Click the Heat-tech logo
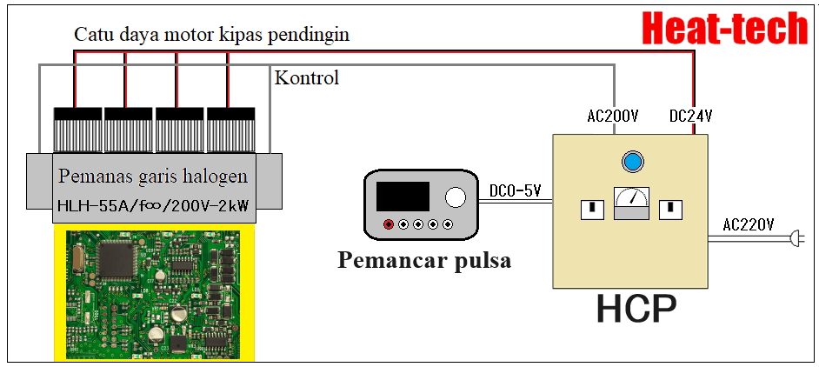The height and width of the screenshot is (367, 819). (725, 30)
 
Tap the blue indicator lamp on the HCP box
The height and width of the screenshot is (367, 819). (632, 161)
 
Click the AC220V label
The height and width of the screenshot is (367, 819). (748, 224)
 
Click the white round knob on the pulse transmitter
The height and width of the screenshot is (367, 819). (456, 197)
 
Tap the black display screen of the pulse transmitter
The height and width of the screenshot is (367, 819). (403, 197)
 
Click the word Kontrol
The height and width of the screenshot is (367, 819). (307, 77)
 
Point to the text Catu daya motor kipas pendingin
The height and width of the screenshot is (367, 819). (212, 35)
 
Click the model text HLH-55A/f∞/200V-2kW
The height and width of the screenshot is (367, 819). (153, 207)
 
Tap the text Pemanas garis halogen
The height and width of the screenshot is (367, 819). (153, 177)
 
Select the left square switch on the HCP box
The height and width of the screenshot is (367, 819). (592, 210)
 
